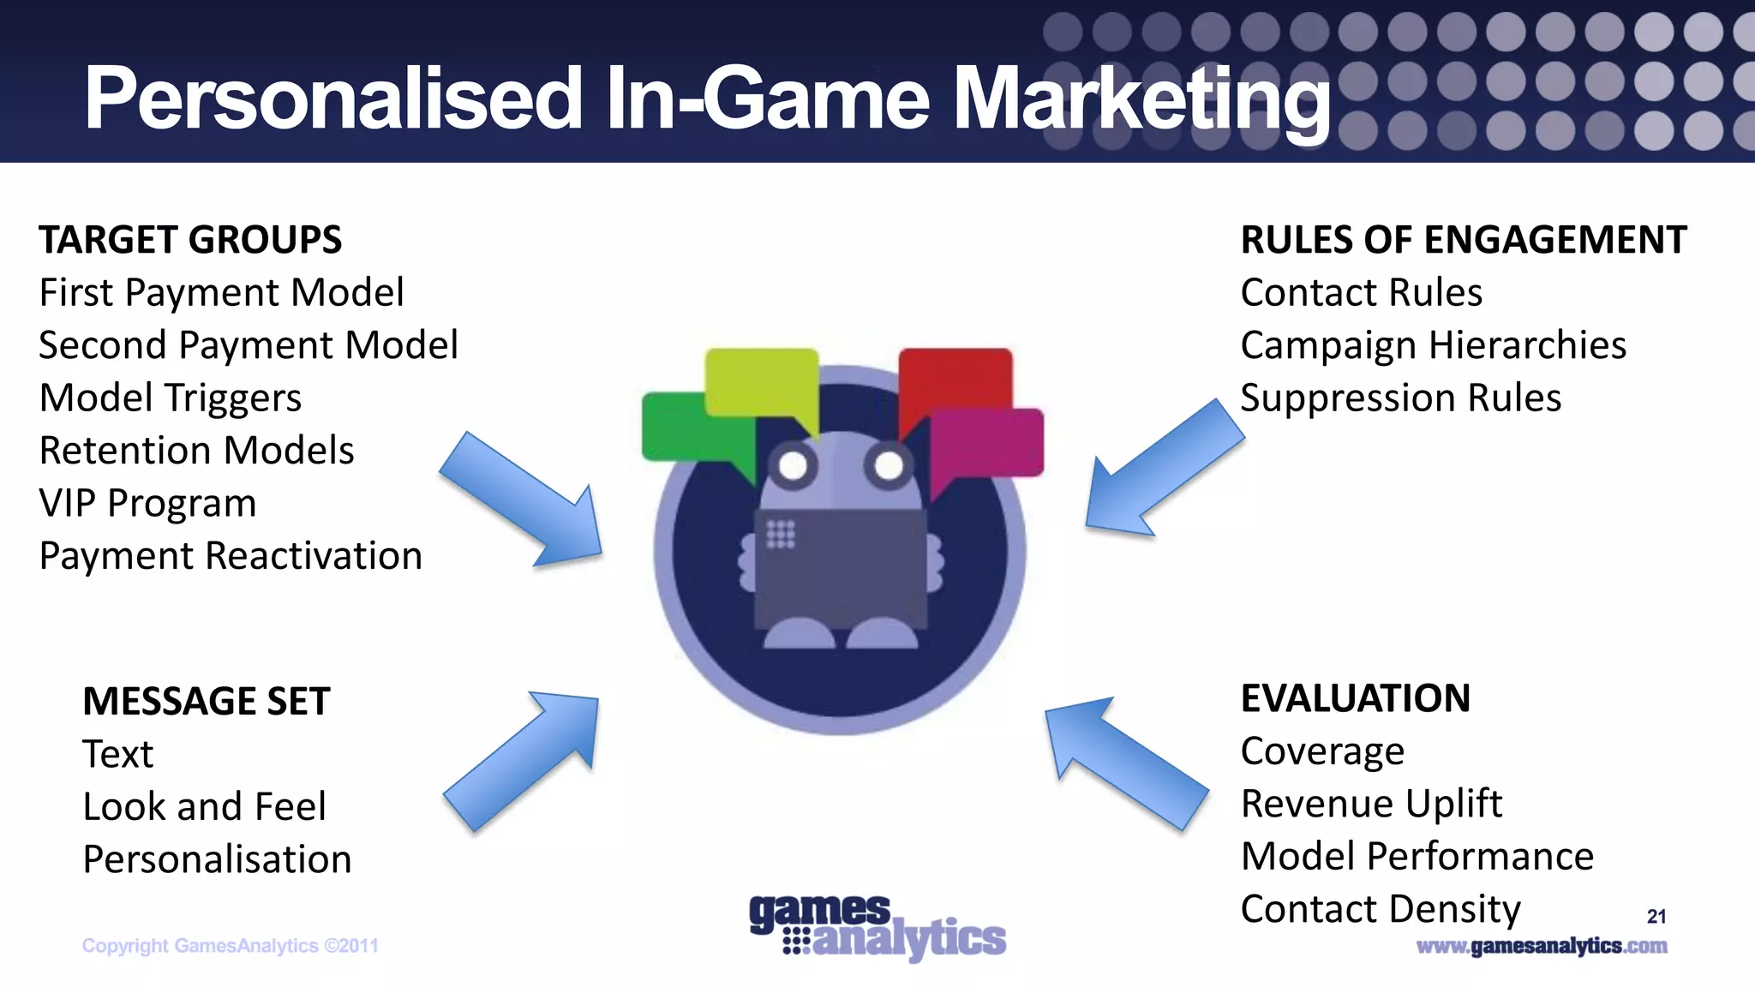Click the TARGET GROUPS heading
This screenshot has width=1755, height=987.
point(190,240)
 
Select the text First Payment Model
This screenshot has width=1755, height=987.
point(221,293)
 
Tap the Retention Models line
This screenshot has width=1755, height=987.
point(196,451)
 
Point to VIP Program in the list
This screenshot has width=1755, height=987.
point(147,504)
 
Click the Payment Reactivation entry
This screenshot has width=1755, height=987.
point(231,556)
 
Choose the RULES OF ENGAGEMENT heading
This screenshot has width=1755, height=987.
point(1464,240)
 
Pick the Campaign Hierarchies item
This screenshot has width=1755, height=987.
point(1433,345)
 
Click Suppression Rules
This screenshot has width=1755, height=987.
point(1400,398)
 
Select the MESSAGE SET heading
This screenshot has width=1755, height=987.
point(206,702)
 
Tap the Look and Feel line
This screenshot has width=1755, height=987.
point(204,807)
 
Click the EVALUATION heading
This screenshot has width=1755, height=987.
point(1355,698)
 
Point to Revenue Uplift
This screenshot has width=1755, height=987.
point(1371,804)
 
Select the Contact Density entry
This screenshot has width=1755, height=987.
point(1380,909)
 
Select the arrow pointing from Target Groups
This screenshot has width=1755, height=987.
point(524,501)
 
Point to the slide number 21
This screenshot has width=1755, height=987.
point(1656,917)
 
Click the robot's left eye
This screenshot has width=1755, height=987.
point(793,466)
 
